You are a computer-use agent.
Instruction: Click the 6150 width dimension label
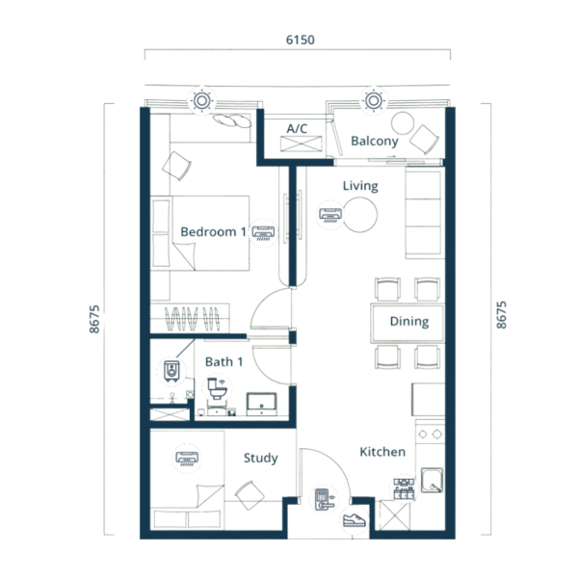300,39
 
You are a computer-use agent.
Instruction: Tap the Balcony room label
375,141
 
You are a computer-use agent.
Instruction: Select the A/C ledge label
297,128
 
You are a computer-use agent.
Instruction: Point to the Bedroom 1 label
213,232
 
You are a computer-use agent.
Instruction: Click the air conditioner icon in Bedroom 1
263,233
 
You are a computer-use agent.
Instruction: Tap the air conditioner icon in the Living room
330,215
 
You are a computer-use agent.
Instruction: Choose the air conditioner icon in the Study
187,459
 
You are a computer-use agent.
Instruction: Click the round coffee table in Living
360,215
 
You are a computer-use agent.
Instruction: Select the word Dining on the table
409,322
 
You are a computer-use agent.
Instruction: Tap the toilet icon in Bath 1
217,388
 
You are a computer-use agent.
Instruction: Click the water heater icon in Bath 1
171,371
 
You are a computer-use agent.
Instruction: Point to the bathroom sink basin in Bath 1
261,404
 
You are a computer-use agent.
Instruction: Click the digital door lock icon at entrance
324,500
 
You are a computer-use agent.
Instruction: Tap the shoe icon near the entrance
354,519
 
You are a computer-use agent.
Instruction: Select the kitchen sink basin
432,481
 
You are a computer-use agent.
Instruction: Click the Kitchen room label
382,452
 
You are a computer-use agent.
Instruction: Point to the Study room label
261,459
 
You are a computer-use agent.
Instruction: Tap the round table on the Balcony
403,123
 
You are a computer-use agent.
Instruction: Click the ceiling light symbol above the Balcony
373,100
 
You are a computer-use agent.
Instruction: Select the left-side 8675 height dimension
94,319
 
